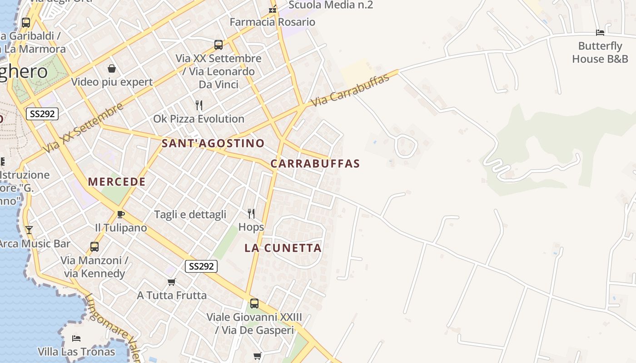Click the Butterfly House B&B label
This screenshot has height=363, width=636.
click(x=600, y=52)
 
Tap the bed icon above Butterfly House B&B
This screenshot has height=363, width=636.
click(x=600, y=33)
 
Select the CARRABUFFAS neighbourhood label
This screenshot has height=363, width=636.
click(x=315, y=164)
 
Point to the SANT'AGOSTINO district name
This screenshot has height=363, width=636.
click(x=213, y=144)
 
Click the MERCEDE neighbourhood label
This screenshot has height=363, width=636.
click(x=117, y=182)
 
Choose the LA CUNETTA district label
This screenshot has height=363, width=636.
click(x=283, y=248)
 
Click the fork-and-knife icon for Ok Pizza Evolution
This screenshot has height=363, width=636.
click(x=199, y=105)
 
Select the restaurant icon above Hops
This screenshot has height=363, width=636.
click(x=251, y=213)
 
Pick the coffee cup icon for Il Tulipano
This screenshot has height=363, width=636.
click(x=120, y=214)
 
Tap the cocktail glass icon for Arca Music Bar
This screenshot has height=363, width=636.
click(x=29, y=230)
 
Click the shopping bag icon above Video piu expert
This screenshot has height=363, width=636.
click(x=112, y=69)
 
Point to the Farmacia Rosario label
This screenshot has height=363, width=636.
click(x=272, y=22)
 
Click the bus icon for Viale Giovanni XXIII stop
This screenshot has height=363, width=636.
click(x=254, y=303)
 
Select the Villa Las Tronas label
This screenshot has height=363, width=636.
click(x=76, y=352)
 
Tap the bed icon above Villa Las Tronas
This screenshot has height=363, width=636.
click(x=76, y=338)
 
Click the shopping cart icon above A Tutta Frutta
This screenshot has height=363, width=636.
click(x=172, y=282)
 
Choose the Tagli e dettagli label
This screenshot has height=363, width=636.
click(x=190, y=215)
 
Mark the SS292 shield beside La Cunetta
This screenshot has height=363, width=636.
click(x=201, y=266)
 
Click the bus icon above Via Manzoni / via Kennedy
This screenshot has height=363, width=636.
click(x=94, y=247)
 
